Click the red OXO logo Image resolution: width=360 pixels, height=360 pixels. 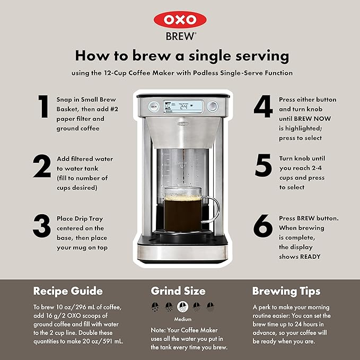(180, 20)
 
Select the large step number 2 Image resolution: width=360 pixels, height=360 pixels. (41, 166)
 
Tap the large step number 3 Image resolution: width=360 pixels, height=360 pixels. (41, 226)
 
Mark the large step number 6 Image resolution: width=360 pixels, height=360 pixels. (263, 226)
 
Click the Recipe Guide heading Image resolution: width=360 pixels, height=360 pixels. (68, 291)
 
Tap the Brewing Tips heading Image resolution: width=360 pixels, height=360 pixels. (286, 291)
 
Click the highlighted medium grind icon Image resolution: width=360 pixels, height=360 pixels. (182, 306)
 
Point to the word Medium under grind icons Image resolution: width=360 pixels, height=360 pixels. (182, 319)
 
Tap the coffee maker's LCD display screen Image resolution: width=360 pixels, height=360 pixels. (182, 106)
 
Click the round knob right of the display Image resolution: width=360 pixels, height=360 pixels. (213, 106)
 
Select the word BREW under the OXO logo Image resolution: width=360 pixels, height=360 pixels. (180, 38)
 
